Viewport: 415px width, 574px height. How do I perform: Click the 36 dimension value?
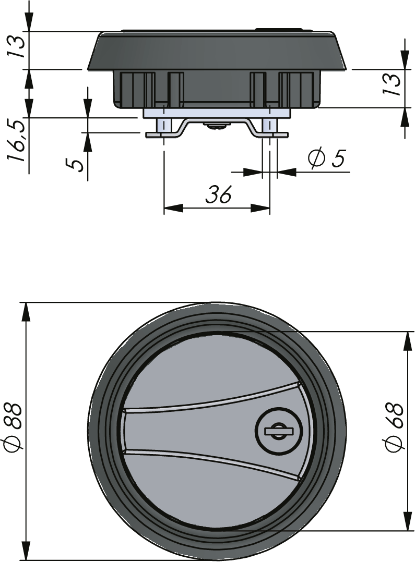pyautogui.click(x=218, y=194)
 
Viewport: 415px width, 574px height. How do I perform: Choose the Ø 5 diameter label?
pyautogui.click(x=327, y=158)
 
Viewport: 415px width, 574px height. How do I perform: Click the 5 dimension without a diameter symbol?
pyautogui.click(x=76, y=164)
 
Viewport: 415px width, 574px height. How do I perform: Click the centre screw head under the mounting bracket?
pyautogui.click(x=217, y=125)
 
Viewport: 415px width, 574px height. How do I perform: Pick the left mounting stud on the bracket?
pyautogui.click(x=164, y=126)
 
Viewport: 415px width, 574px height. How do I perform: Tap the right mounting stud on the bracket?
pyautogui.click(x=269, y=126)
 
